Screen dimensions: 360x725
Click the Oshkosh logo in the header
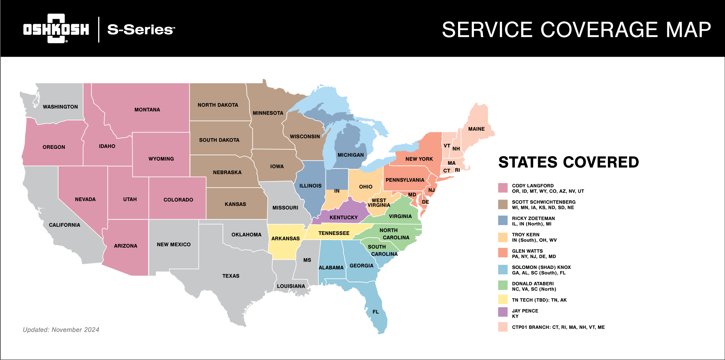[56, 29]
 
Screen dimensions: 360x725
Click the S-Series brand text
[141, 30]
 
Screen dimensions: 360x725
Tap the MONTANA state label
[147, 110]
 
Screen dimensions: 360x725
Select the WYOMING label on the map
[161, 159]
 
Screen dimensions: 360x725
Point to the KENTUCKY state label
[343, 217]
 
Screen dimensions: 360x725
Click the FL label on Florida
[376, 312]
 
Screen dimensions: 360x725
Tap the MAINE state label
[476, 129]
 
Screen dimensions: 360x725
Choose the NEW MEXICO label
[173, 244]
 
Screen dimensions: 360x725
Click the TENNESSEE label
[334, 233]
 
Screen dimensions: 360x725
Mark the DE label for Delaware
[426, 202]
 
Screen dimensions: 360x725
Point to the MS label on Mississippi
[307, 260]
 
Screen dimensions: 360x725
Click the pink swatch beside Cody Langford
[502, 188]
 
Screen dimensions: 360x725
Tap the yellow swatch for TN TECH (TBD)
[502, 299]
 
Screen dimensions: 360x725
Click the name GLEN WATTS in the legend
[527, 251]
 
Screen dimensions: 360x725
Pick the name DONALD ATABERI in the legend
[532, 283]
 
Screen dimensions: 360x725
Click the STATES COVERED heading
[568, 162]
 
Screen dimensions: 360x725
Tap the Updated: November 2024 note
[61, 330]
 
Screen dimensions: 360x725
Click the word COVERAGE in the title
[599, 30]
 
